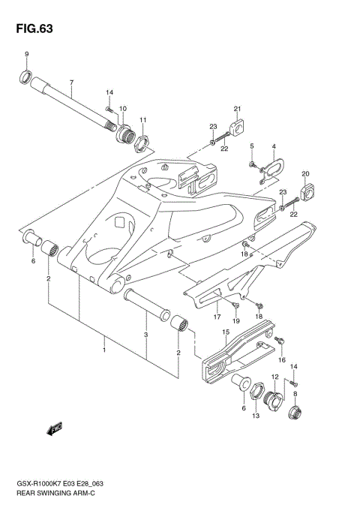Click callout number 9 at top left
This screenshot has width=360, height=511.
(x=26, y=55)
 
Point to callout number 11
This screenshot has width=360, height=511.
(x=142, y=120)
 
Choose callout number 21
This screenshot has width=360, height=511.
(x=236, y=108)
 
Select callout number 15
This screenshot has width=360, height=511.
(x=225, y=331)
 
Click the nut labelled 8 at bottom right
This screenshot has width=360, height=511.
(x=295, y=411)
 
